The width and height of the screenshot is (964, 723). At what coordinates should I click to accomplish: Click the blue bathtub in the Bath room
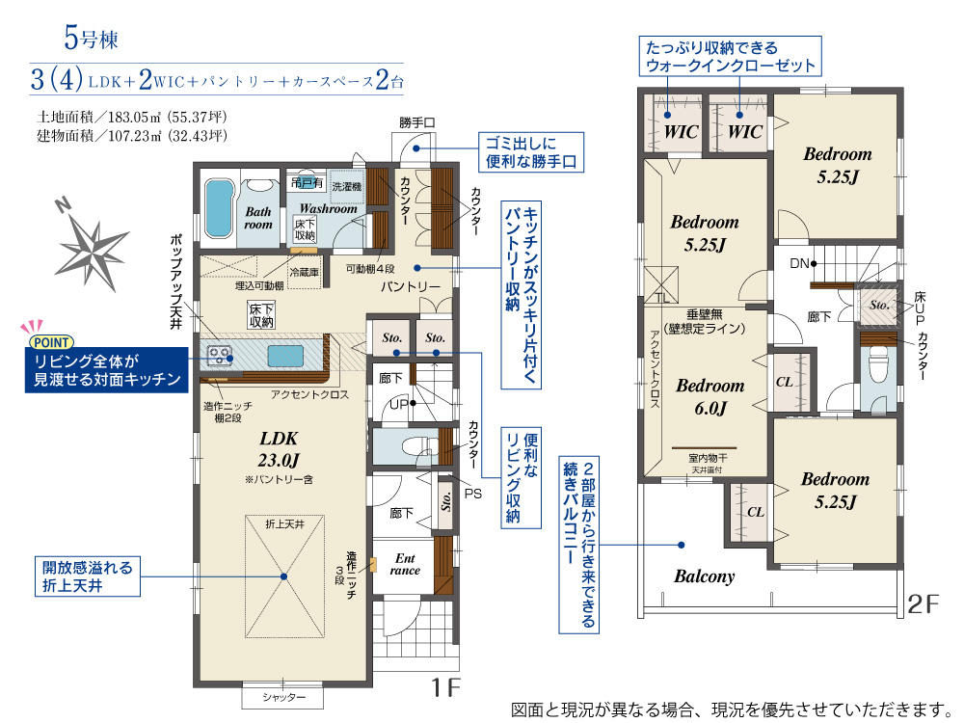[219, 208]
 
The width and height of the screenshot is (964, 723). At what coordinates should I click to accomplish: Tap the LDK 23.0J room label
[280, 449]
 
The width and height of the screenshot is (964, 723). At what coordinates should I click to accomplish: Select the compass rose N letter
[62, 205]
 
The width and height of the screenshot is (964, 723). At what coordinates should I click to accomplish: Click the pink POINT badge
[52, 342]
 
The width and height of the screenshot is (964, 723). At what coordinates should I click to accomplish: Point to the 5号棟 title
[91, 39]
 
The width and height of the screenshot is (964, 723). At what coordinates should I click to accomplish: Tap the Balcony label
[704, 576]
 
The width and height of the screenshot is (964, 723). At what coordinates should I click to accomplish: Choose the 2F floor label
[924, 604]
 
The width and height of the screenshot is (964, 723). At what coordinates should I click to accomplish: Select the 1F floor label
[445, 686]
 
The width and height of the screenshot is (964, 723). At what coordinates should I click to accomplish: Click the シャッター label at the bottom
[283, 697]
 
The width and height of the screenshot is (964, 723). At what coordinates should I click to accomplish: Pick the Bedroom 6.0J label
[710, 396]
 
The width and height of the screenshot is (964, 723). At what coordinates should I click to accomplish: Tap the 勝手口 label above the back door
[416, 123]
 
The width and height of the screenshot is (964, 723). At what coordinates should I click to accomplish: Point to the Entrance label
[405, 564]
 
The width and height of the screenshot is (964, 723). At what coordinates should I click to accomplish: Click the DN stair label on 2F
[799, 264]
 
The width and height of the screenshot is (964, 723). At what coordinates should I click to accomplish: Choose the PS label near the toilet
[472, 494]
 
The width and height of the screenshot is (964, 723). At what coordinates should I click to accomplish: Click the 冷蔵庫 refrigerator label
[305, 273]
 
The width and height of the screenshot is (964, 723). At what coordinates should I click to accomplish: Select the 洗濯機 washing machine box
[347, 186]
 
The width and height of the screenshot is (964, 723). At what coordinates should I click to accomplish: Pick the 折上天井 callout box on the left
[88, 576]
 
